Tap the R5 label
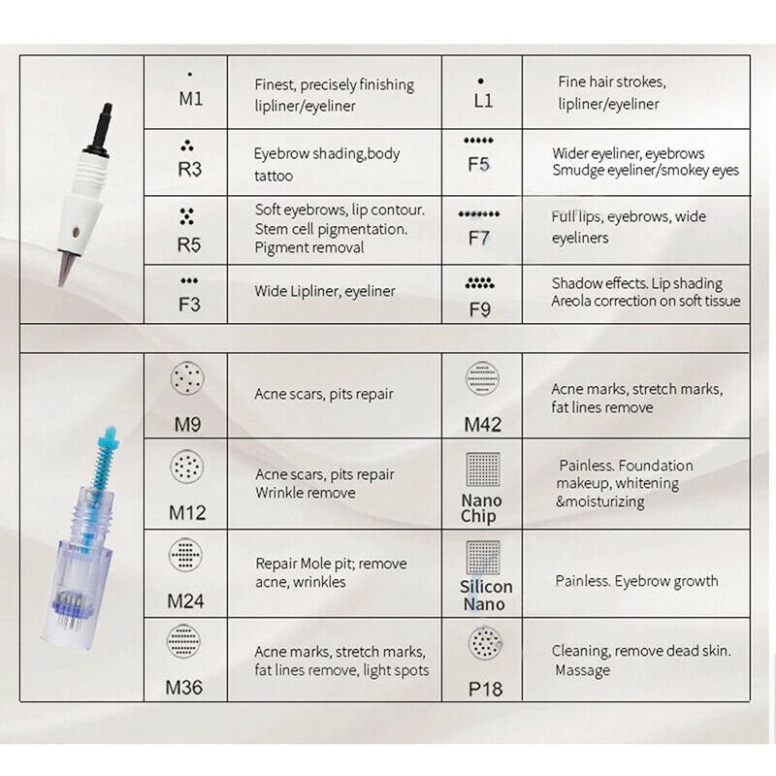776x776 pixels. click(x=189, y=243)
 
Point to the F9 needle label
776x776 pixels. click(x=478, y=311)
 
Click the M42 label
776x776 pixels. click(x=481, y=423)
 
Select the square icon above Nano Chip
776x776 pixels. click(x=481, y=469)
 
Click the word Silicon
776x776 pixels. click(x=486, y=587)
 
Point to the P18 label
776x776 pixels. click(x=482, y=690)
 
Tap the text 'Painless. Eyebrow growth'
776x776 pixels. click(x=636, y=581)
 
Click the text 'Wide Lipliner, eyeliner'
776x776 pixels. click(x=325, y=291)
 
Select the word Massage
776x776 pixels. click(x=583, y=670)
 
